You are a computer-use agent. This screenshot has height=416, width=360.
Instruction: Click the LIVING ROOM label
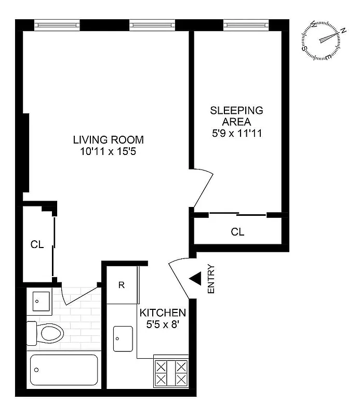[108, 140]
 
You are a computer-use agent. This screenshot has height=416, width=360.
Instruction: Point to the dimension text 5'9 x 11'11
[236, 133]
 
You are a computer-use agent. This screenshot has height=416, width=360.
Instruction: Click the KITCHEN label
[163, 313]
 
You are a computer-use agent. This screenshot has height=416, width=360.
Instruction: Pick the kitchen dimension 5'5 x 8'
[163, 325]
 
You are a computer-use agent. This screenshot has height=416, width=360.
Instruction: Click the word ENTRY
[211, 280]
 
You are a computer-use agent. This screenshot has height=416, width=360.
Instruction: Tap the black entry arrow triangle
[195, 280]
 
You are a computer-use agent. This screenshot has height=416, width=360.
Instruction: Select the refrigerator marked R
[121, 285]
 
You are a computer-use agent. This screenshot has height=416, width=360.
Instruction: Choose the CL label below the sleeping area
[237, 232]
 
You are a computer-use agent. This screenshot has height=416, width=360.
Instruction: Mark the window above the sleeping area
[247, 24]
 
